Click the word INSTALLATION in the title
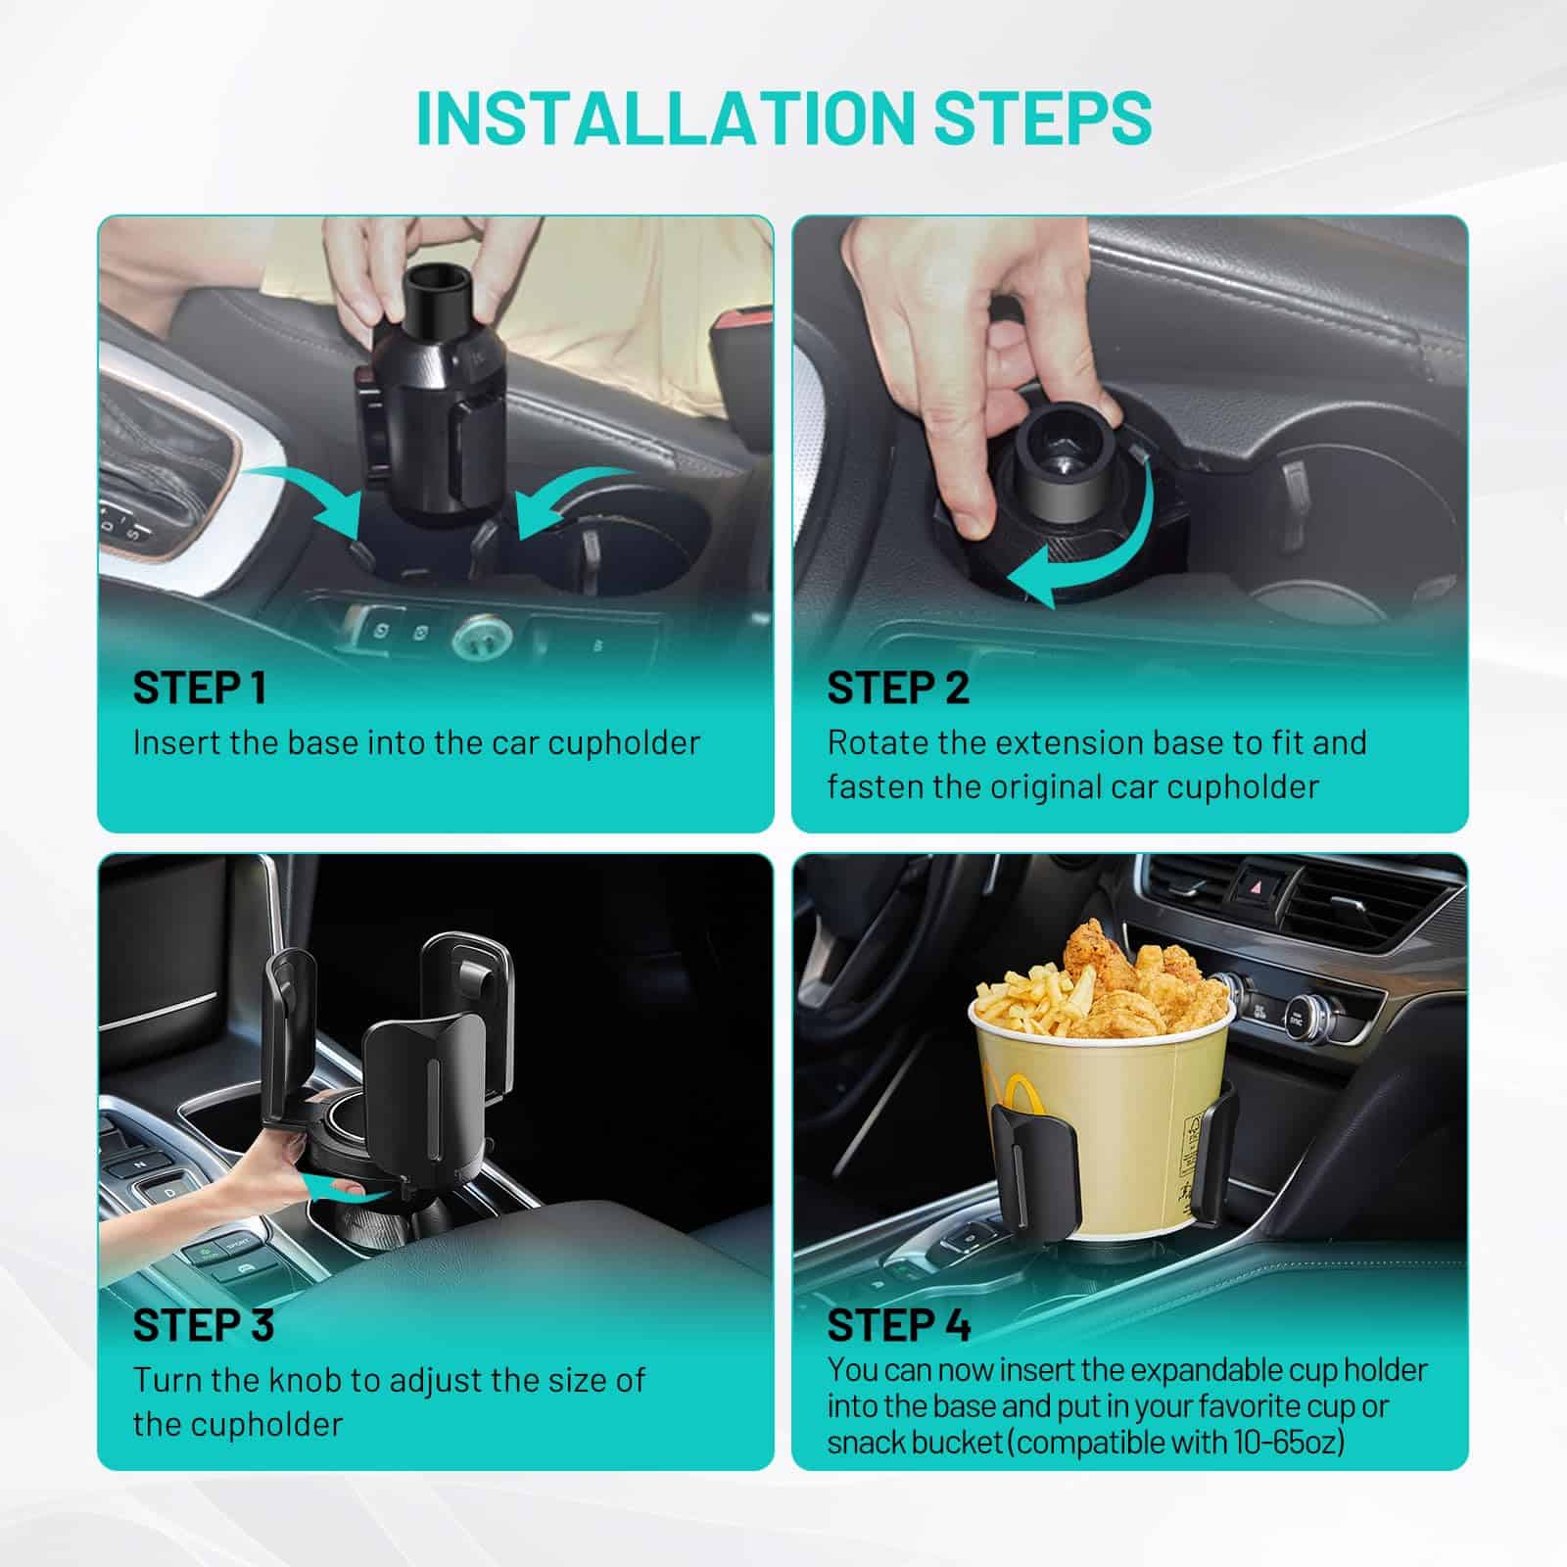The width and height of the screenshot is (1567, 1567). point(666,119)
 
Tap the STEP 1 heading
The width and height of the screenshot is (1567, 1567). point(200,689)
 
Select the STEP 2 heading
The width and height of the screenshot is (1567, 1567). point(897,689)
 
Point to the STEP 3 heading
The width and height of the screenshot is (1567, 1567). point(203,1325)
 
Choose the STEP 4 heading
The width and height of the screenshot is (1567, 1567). point(898,1325)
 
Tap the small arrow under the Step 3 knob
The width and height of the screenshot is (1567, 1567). point(338,1188)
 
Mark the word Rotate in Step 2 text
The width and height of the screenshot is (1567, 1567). point(877,743)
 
